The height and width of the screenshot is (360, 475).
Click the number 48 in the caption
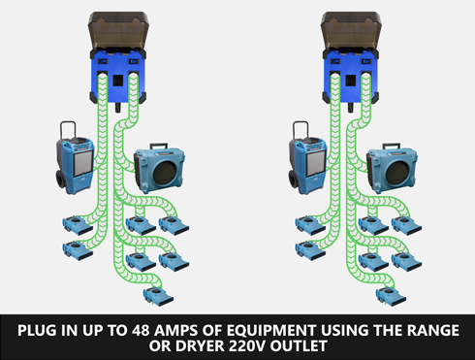pyautogui.click(x=141, y=330)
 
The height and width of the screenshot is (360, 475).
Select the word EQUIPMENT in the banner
pyautogui.click(x=271, y=330)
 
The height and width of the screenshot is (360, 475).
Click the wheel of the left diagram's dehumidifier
pyautogui.click(x=61, y=179)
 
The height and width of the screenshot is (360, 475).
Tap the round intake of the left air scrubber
pyautogui.click(x=165, y=172)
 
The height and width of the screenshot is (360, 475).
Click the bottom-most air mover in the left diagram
pyautogui.click(x=158, y=296)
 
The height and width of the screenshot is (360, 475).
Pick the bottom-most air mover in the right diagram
pyautogui.click(x=391, y=296)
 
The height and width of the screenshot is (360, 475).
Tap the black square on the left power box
pyautogui.click(x=118, y=81)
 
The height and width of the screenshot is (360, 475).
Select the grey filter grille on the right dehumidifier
pyautogui.click(x=315, y=163)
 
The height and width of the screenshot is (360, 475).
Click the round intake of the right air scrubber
pyautogui.click(x=397, y=172)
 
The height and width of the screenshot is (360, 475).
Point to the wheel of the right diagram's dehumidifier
pyautogui.click(x=294, y=179)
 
